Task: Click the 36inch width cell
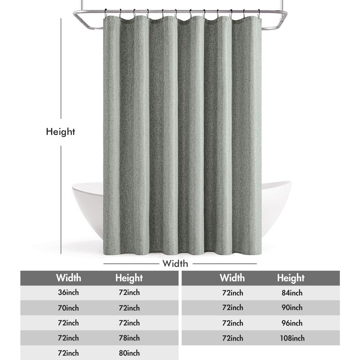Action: [x=68, y=292]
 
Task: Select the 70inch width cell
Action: [x=68, y=308]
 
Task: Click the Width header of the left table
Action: [x=68, y=277]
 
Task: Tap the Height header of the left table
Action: [x=129, y=278]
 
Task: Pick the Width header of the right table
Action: [x=232, y=277]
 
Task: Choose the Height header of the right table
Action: [x=291, y=278]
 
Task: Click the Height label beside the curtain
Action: [x=60, y=132]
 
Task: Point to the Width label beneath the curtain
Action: [x=175, y=263]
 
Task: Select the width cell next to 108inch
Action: [x=233, y=338]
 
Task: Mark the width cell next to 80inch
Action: [x=68, y=353]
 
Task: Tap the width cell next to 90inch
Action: [x=233, y=308]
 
